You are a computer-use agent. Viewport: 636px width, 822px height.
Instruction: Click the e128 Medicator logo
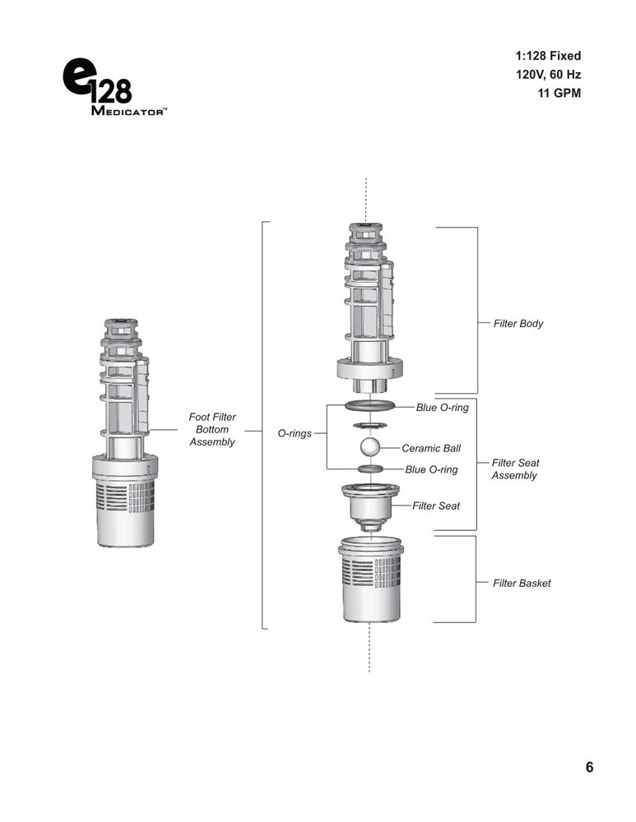click(x=114, y=86)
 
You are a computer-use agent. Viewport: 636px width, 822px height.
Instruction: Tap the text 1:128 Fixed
click(x=548, y=56)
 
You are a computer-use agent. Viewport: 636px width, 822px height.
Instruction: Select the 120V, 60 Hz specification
click(x=548, y=75)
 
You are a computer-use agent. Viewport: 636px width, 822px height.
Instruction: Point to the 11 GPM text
click(x=559, y=94)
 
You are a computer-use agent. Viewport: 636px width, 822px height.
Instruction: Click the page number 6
click(x=589, y=767)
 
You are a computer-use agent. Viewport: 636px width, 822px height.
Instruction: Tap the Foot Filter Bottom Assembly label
click(x=212, y=429)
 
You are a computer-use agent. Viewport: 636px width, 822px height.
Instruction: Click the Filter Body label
click(x=518, y=323)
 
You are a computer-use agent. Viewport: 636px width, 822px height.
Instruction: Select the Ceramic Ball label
click(x=431, y=448)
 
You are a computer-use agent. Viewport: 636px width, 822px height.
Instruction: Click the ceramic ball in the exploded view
click(x=370, y=448)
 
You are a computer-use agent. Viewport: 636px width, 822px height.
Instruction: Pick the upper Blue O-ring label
click(x=443, y=408)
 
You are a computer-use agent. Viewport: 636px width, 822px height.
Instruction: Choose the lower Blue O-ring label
click(x=431, y=469)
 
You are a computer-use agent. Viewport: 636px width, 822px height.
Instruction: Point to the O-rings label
click(x=295, y=433)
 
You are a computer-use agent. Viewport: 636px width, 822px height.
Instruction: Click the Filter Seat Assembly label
click(x=515, y=469)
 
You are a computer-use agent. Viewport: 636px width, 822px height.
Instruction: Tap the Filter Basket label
click(x=522, y=583)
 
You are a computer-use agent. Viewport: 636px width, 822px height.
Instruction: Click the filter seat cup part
click(x=370, y=506)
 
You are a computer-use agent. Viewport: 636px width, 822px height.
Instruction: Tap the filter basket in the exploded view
click(x=370, y=580)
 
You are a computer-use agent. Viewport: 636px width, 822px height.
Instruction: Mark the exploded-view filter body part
click(x=369, y=309)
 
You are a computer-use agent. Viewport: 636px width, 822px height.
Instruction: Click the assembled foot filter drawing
click(x=125, y=433)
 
